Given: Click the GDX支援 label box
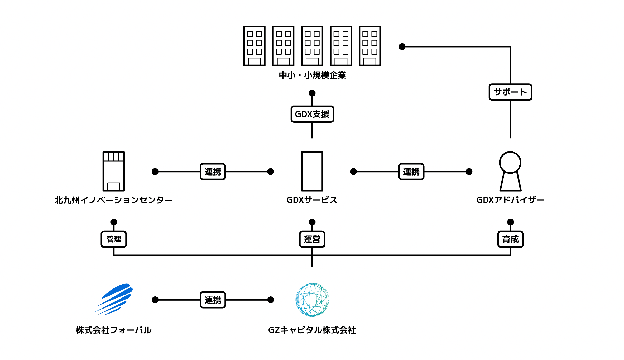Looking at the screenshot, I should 312,114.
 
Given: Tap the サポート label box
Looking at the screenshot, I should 510,92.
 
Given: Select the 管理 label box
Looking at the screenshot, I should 114,239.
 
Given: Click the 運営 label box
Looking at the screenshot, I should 312,239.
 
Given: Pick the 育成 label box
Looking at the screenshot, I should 510,239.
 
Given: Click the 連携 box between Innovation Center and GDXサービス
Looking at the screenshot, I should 213,172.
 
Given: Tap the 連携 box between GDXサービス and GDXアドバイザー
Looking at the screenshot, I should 411,172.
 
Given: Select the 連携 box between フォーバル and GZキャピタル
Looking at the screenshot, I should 213,300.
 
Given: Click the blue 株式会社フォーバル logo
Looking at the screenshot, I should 115,299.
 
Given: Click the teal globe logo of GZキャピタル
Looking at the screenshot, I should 312,300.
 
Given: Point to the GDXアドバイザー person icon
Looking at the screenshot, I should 510,171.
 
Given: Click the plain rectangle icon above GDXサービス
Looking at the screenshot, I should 312,171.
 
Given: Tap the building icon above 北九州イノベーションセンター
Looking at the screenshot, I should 114,171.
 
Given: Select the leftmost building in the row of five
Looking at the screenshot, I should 254,46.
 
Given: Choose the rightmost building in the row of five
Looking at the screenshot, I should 370,46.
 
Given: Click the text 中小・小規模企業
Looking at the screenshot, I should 312,75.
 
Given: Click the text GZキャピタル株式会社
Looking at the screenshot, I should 312,330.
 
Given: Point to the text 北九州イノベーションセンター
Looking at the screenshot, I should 114,200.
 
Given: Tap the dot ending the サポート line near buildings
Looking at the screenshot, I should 402,47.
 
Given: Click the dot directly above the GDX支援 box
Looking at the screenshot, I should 312,93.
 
